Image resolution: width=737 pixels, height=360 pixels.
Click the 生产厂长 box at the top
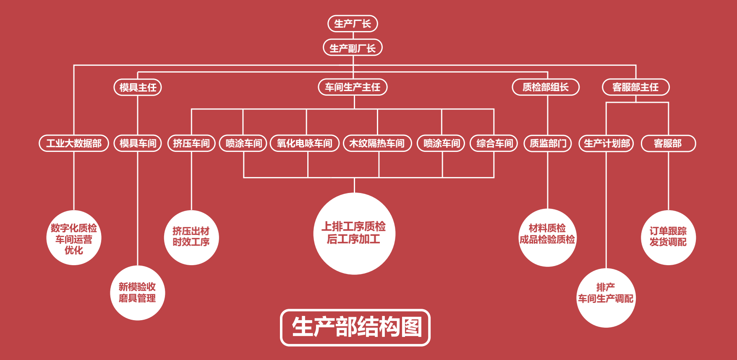click(x=353, y=23)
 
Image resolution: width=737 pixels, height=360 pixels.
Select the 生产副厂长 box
click(x=353, y=48)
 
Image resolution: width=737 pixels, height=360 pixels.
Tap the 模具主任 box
click(x=138, y=87)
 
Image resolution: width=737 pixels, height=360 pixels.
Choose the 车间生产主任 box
click(x=353, y=87)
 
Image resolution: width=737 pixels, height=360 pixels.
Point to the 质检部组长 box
click(x=546, y=87)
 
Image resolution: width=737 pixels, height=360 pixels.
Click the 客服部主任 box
click(x=635, y=87)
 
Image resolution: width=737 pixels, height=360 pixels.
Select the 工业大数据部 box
click(x=74, y=143)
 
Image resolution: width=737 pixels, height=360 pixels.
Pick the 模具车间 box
click(x=138, y=143)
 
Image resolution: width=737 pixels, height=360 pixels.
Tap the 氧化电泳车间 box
click(x=305, y=143)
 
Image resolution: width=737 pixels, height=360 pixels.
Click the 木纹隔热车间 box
click(x=377, y=143)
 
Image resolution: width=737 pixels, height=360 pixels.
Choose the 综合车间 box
click(x=494, y=143)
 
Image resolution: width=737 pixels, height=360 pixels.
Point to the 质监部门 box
click(x=548, y=143)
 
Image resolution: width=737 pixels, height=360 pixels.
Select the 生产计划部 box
click(x=606, y=143)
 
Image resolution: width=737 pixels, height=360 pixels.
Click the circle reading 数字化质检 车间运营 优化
click(x=74, y=238)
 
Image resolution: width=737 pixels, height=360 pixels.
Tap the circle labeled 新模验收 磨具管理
click(x=138, y=293)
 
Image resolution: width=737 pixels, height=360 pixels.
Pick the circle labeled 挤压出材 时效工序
click(x=191, y=237)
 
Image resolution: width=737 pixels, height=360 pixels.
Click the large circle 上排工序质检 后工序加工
click(x=354, y=234)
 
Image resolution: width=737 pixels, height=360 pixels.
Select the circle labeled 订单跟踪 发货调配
click(x=668, y=237)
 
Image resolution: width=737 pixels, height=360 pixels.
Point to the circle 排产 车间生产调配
click(x=606, y=298)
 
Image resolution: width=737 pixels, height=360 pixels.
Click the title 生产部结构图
click(x=355, y=328)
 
